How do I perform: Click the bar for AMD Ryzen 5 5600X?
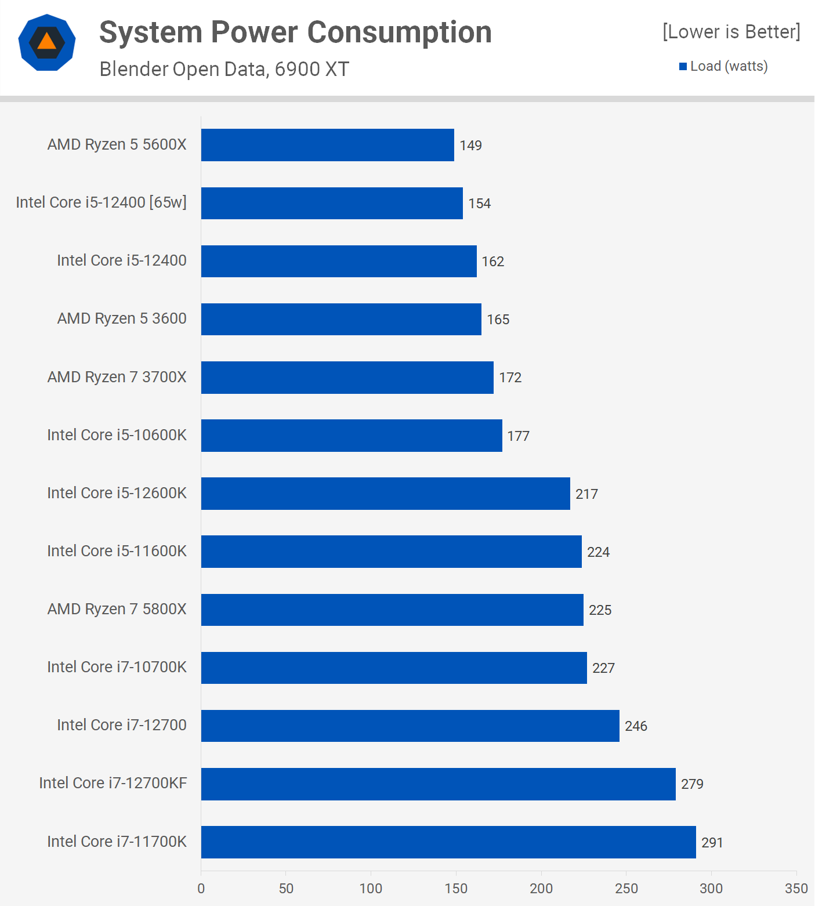pyautogui.click(x=328, y=145)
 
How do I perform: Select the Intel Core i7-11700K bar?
pyautogui.click(x=448, y=842)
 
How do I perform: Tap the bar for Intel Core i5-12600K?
pyautogui.click(x=386, y=494)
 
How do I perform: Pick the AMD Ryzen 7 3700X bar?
pyautogui.click(x=347, y=378)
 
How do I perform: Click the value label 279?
pyautogui.click(x=692, y=784)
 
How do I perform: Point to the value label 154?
pyautogui.click(x=479, y=204)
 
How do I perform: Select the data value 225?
pyautogui.click(x=600, y=610)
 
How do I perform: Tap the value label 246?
pyautogui.click(x=636, y=726)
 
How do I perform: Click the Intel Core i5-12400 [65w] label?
pyautogui.click(x=102, y=202)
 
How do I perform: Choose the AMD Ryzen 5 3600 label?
pyautogui.click(x=122, y=318)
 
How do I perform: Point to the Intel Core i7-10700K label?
pyautogui.click(x=117, y=667)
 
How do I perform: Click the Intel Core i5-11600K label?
pyautogui.click(x=117, y=551)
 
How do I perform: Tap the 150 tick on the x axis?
pyautogui.click(x=456, y=889)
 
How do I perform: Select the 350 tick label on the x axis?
pyautogui.click(x=796, y=889)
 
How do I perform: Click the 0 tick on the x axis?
pyautogui.click(x=201, y=889)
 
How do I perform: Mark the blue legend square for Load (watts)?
pyautogui.click(x=683, y=67)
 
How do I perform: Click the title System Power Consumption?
pyautogui.click(x=295, y=32)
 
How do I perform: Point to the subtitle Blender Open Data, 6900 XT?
pyautogui.click(x=224, y=69)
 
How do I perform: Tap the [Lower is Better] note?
pyautogui.click(x=731, y=32)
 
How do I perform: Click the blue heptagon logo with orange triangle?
pyautogui.click(x=47, y=42)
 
